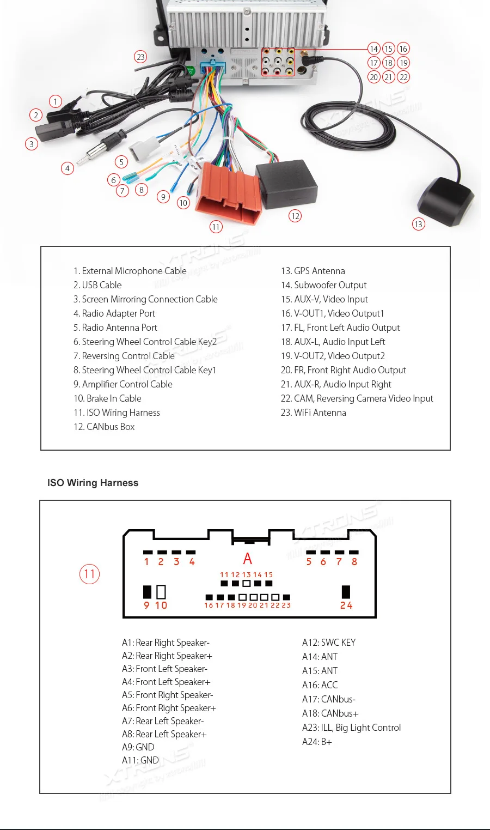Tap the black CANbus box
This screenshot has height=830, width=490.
point(286,183)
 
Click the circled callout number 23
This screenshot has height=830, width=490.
point(141,57)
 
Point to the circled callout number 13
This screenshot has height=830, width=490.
point(418,224)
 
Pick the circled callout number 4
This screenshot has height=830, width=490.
point(68,168)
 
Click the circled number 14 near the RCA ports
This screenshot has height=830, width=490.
point(374,49)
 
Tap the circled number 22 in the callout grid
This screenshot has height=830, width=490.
point(403,77)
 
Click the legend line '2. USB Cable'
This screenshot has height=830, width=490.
point(97,285)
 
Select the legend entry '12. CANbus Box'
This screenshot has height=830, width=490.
point(104,427)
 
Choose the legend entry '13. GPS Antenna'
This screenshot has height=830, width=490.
point(313,271)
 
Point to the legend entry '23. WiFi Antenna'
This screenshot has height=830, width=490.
point(313,413)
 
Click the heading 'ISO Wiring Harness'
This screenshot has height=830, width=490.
point(93,483)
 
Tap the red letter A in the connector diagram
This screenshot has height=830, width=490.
point(248,559)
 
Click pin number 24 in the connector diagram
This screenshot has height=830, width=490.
point(346,605)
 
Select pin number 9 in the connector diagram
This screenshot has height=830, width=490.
point(146,605)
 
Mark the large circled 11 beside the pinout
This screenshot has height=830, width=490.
point(90,574)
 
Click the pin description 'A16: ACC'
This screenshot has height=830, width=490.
point(320,685)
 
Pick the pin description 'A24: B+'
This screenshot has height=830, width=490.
point(317,742)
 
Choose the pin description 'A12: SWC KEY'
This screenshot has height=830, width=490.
point(329,643)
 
